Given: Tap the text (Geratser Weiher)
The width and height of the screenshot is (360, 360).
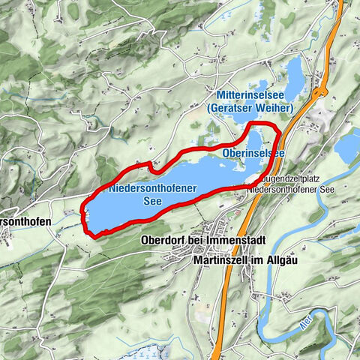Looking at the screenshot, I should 248,109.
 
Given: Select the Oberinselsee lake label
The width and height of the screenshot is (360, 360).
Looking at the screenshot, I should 253,153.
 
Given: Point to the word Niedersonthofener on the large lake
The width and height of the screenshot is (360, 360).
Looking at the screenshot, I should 148,190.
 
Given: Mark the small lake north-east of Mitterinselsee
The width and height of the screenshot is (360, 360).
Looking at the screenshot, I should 295,73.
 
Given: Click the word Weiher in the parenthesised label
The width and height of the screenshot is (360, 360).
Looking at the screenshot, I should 274,109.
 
